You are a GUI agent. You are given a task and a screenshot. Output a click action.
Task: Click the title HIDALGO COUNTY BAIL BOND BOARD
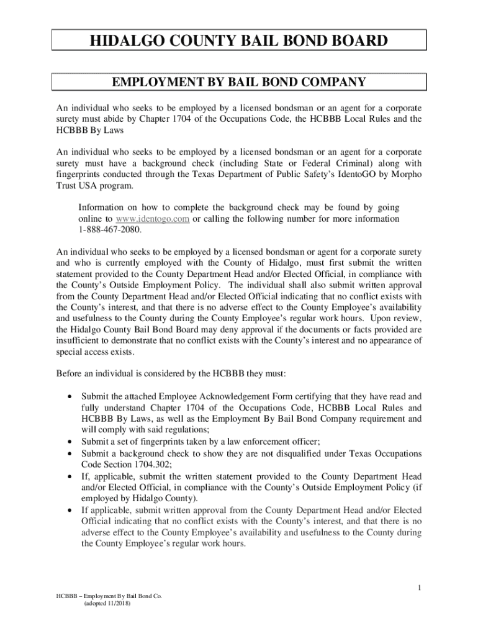click(x=239, y=41)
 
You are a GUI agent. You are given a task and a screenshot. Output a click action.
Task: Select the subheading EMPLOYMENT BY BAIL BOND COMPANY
click(x=239, y=82)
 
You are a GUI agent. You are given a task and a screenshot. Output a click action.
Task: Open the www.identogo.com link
click(x=152, y=219)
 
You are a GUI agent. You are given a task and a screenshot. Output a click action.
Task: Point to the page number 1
click(x=420, y=588)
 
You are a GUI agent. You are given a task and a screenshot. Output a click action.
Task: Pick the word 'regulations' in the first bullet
click(x=184, y=430)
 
